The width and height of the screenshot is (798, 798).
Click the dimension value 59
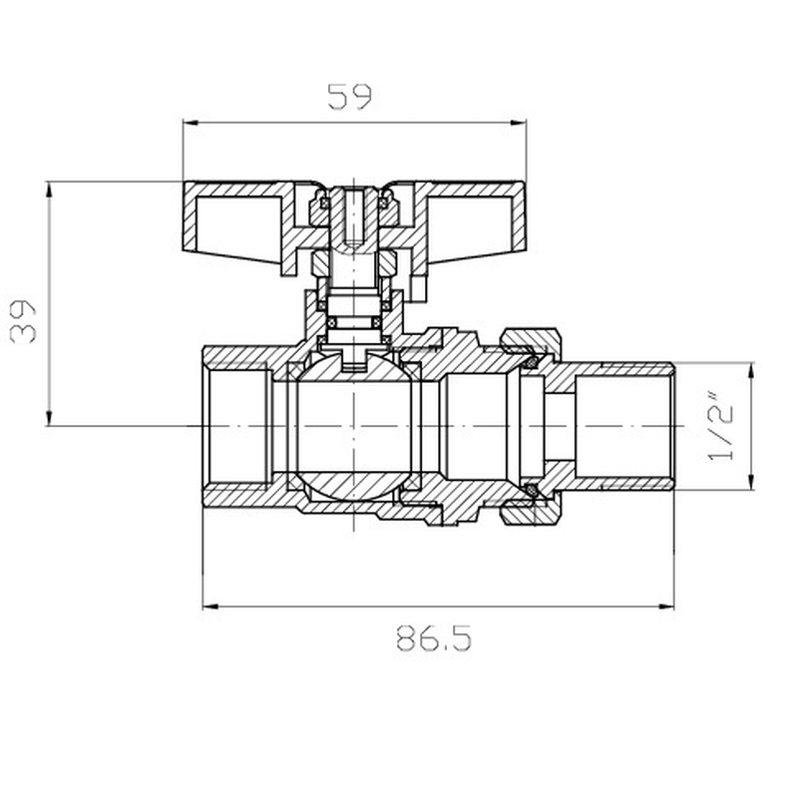[x=349, y=97]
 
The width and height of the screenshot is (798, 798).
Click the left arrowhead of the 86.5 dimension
[x=209, y=605]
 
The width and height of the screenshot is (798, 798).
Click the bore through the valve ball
[x=354, y=427]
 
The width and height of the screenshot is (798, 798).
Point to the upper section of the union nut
[x=532, y=344]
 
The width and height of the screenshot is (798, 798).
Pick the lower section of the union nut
[x=532, y=512]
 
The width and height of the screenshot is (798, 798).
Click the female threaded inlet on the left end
[x=236, y=427]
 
